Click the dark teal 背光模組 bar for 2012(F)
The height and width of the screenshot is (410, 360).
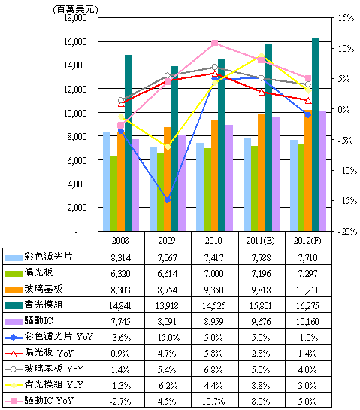315,134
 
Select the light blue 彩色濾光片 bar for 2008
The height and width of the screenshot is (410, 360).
107,182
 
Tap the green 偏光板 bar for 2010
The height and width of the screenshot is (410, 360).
207,190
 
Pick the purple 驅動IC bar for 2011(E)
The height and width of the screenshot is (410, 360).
276,174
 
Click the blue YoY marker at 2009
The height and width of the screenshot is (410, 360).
168,200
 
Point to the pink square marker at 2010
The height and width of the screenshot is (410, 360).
214,43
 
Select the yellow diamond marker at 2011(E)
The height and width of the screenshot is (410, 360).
262,56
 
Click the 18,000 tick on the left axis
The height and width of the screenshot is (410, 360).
75,18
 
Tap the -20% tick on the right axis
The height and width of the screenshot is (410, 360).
347,232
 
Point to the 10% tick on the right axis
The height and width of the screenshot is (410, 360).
346,49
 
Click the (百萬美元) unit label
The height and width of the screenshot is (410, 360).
75,10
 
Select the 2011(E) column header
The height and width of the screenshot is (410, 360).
261,241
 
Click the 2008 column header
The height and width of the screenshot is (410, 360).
120,241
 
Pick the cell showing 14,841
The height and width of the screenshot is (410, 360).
120,305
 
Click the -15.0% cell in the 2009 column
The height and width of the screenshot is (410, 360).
167,337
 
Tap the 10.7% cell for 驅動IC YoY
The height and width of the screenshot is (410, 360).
213,401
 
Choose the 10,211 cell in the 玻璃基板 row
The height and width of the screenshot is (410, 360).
307,290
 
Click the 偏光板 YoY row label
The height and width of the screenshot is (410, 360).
49,353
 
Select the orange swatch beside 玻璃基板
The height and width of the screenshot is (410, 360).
14,290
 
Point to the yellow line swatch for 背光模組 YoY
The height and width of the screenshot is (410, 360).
14,385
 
